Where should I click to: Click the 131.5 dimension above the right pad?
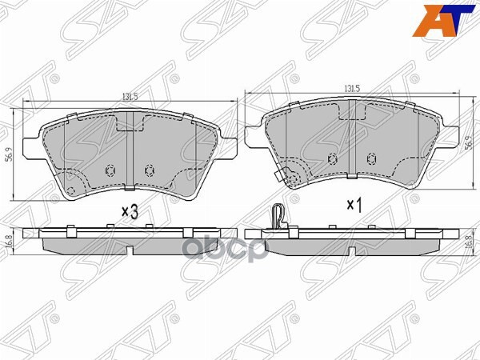tap(351, 89)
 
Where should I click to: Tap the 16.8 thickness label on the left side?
tap(10, 240)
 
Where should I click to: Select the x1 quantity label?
tap(354, 205)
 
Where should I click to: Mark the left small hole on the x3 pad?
tap(110, 170)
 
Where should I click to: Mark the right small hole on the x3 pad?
tap(148, 170)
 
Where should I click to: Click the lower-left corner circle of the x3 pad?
tap(70, 190)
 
